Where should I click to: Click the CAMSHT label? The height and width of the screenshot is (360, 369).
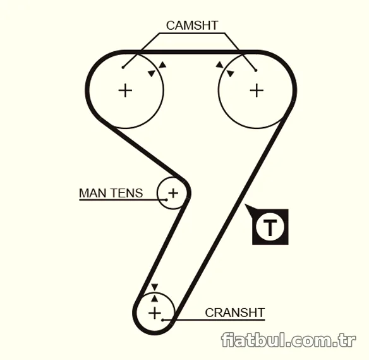click(x=192, y=25)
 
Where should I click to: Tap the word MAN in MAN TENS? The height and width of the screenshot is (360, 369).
click(x=93, y=193)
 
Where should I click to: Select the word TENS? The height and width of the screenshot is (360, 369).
click(x=126, y=193)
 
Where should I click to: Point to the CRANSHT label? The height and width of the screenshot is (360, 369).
click(x=235, y=313)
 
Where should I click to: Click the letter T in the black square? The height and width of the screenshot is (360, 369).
click(x=270, y=227)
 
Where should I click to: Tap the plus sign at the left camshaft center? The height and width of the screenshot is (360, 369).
click(x=125, y=90)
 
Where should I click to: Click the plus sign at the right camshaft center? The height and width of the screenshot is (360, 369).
click(x=257, y=90)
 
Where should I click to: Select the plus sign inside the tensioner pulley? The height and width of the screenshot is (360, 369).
click(x=173, y=193)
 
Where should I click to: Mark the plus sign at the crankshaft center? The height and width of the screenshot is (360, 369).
click(x=155, y=313)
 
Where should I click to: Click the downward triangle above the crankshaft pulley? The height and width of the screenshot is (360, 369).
click(x=155, y=287)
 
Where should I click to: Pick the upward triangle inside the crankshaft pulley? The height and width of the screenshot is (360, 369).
click(x=154, y=299)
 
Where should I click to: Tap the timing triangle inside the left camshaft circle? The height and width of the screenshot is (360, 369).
click(x=152, y=73)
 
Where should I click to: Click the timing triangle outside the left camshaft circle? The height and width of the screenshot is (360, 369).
click(x=162, y=65)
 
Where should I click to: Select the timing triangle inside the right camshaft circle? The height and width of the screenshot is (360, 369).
click(x=230, y=73)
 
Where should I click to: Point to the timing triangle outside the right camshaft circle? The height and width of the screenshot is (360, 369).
click(x=220, y=65)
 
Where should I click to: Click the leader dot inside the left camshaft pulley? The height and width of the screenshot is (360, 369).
click(x=123, y=68)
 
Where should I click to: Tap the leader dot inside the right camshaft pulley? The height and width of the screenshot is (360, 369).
click(x=256, y=70)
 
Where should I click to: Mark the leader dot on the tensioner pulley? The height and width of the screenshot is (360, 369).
click(x=166, y=200)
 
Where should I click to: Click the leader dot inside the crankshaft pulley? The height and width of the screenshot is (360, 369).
click(x=162, y=320)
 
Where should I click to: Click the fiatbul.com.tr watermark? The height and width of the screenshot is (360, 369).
click(x=289, y=340)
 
